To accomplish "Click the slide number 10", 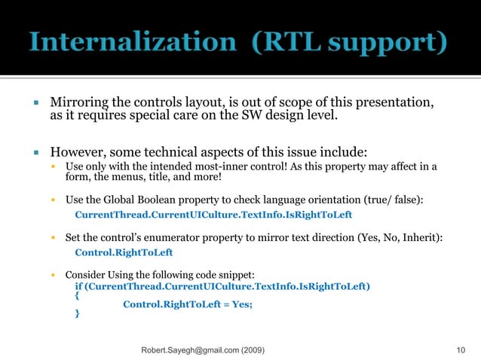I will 461,350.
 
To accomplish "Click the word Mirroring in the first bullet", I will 78,102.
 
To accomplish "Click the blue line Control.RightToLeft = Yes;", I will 188,304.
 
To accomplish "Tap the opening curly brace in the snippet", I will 77,295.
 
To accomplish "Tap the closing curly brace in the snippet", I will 77,313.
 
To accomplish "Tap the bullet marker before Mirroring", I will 35,102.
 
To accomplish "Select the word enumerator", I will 187,238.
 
